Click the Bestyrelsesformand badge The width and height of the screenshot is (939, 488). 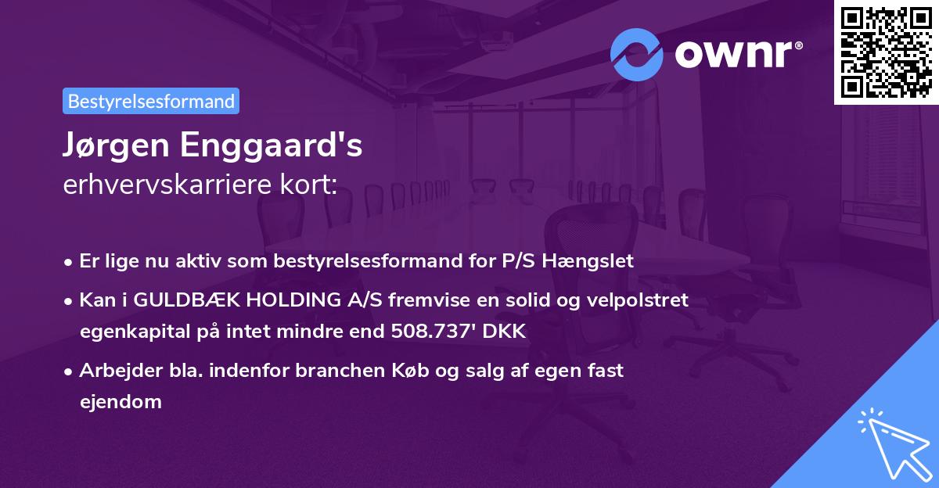coord(151,101)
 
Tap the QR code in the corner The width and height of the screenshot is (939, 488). coord(885,52)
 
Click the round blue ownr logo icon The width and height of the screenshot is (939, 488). coord(637,55)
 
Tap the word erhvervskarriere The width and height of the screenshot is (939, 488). coord(161,185)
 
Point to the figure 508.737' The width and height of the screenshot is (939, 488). coord(433,332)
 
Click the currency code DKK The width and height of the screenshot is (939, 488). coord(505,332)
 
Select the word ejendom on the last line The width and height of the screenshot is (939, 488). coord(121,402)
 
